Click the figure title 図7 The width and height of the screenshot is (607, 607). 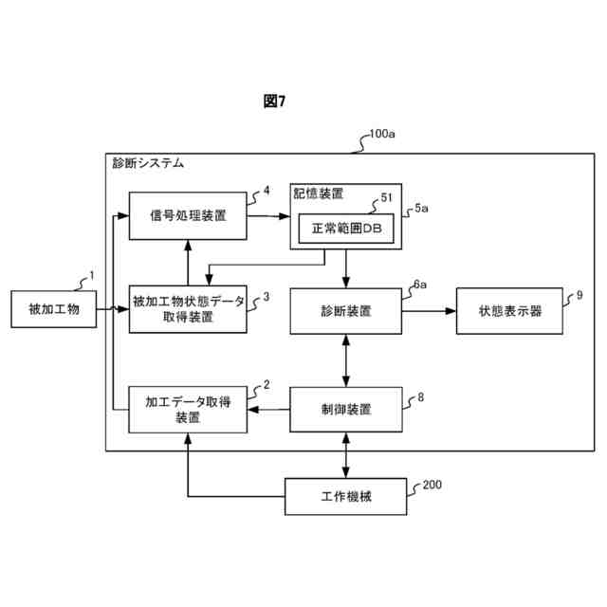[274, 102]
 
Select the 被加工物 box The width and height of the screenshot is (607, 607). [53, 309]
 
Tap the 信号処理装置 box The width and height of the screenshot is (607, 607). [188, 215]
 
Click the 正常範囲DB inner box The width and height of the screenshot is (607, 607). [345, 230]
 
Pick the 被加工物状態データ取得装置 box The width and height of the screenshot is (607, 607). [188, 310]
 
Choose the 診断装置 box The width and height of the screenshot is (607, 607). [345, 310]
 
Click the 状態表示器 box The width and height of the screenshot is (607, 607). [510, 310]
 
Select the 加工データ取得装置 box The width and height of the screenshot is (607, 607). [188, 410]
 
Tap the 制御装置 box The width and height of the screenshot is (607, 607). [345, 410]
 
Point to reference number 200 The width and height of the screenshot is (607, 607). [432, 485]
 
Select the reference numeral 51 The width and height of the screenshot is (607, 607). [386, 197]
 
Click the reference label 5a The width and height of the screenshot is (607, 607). [423, 207]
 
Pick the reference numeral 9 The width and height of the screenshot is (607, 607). [579, 296]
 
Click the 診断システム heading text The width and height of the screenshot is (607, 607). [148, 163]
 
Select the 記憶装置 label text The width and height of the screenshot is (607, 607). [318, 193]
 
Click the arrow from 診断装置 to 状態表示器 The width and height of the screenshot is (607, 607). [430, 310]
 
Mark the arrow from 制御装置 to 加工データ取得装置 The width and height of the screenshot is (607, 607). [268, 410]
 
